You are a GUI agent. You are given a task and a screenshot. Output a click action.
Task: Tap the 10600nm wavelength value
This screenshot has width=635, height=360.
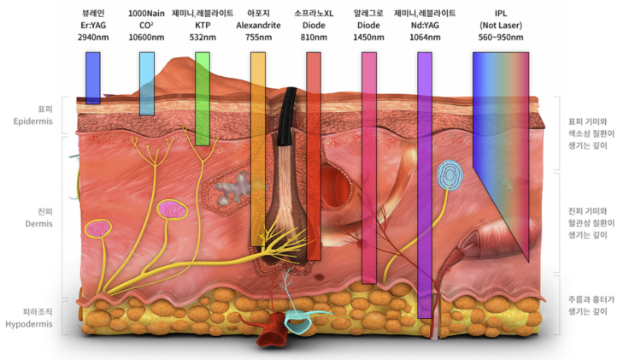(x=146, y=38)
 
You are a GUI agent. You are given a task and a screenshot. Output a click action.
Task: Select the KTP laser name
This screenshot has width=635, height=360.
(x=203, y=26)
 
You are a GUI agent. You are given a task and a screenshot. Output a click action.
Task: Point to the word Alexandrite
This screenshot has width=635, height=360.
(x=258, y=26)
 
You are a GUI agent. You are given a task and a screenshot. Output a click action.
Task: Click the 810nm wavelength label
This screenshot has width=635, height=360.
(x=314, y=38)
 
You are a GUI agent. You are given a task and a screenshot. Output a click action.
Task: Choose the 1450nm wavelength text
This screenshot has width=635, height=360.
(x=369, y=38)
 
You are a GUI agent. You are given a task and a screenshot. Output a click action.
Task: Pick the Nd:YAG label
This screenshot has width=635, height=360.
(x=425, y=26)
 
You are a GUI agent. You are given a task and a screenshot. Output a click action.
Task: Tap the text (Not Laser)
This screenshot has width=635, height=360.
(x=501, y=26)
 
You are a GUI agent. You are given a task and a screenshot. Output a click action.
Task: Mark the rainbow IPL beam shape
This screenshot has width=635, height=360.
(x=500, y=128)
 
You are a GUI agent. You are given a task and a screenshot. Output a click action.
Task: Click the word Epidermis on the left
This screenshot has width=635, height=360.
(x=33, y=122)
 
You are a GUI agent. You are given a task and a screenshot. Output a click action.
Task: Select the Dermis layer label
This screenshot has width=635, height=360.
(x=33, y=223)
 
